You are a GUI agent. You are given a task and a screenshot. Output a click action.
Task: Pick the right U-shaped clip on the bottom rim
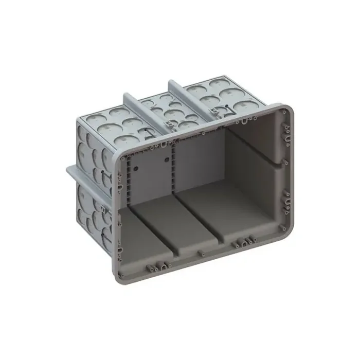(x=242, y=242)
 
